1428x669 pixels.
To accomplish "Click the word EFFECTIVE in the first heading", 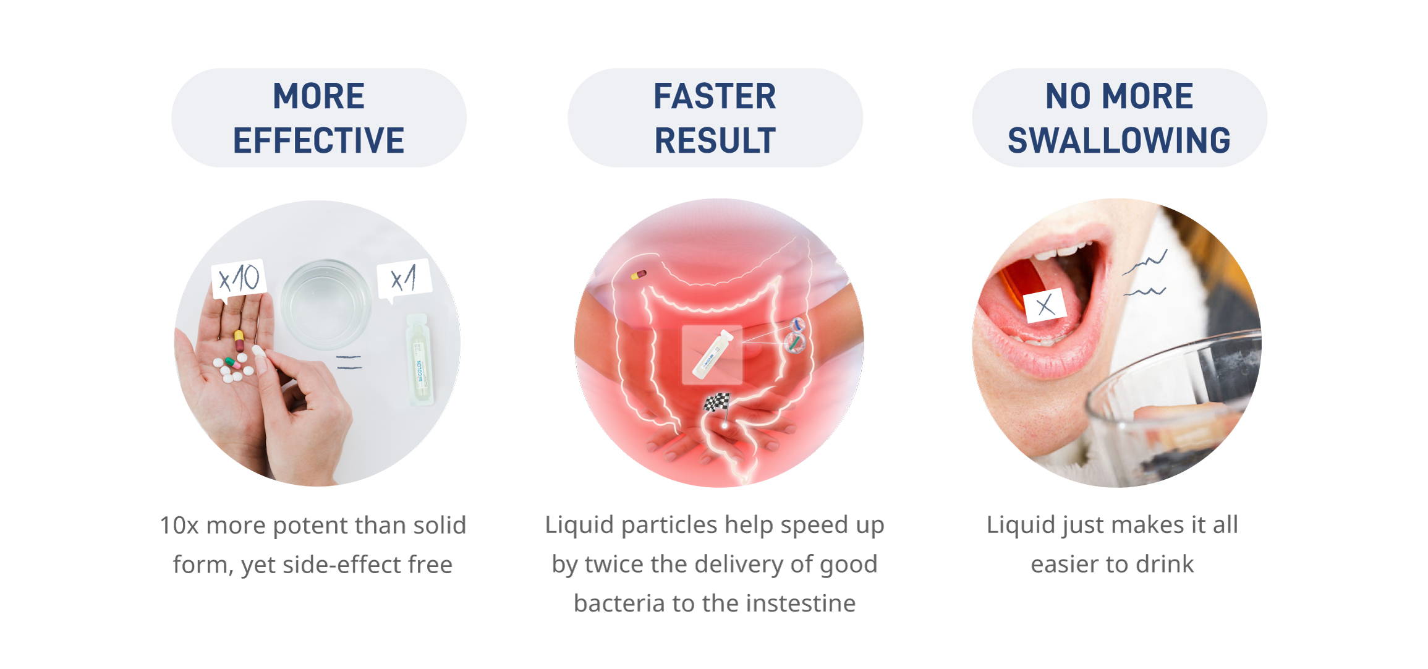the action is tap(318, 140).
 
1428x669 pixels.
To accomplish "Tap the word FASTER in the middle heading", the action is tap(715, 96).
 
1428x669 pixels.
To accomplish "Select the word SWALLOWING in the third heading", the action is tap(1119, 140).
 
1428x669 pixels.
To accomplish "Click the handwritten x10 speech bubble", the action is tap(239, 279).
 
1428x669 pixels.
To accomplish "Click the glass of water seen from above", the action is tap(325, 304).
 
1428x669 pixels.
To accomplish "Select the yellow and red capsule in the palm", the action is tap(239, 341).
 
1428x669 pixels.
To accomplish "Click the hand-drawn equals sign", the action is tap(349, 362).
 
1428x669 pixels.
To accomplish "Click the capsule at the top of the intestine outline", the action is tap(639, 275).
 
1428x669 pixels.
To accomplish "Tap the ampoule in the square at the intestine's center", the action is tap(712, 355).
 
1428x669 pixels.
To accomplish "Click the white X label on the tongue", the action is tap(1045, 305).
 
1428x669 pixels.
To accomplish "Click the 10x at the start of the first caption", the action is tap(179, 526).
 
